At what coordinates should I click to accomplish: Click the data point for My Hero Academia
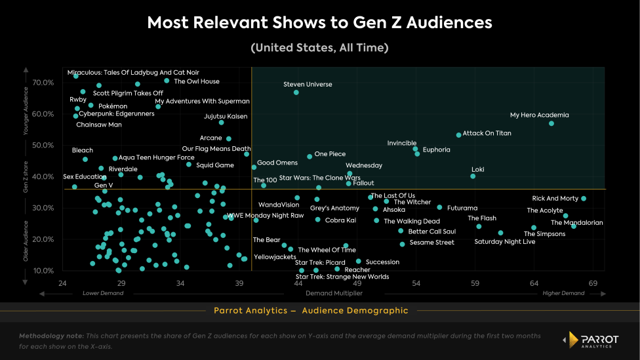(551, 123)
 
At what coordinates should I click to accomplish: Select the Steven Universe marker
(296, 92)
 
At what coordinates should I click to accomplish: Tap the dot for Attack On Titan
(458, 135)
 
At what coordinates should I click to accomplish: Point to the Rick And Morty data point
(584, 199)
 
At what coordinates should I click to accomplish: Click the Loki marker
(473, 176)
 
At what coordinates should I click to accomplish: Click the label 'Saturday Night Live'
(504, 242)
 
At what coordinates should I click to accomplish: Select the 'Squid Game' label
(215, 165)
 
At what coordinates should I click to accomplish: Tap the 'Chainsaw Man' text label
(99, 125)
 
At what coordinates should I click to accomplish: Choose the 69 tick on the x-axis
(593, 283)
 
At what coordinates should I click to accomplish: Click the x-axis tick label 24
(62, 283)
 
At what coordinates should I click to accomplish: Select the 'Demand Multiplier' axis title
(334, 293)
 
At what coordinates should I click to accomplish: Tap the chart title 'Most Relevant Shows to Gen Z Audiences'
(319, 23)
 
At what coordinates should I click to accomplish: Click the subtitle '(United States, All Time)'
(319, 48)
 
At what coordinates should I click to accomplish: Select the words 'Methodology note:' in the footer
(52, 335)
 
